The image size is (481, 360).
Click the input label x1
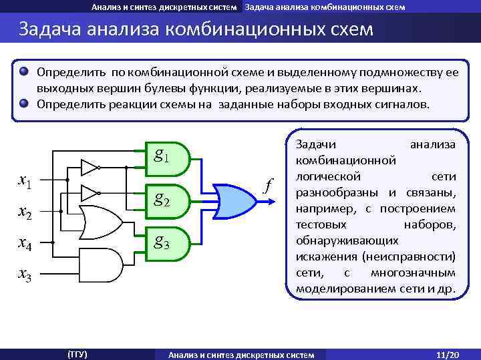pyautogui.click(x=27, y=180)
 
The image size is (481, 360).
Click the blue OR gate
pyautogui.click(x=234, y=200)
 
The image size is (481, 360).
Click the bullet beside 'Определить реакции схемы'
pyautogui.click(x=25, y=104)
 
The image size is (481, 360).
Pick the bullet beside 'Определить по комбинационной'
pyautogui.click(x=25, y=71)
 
